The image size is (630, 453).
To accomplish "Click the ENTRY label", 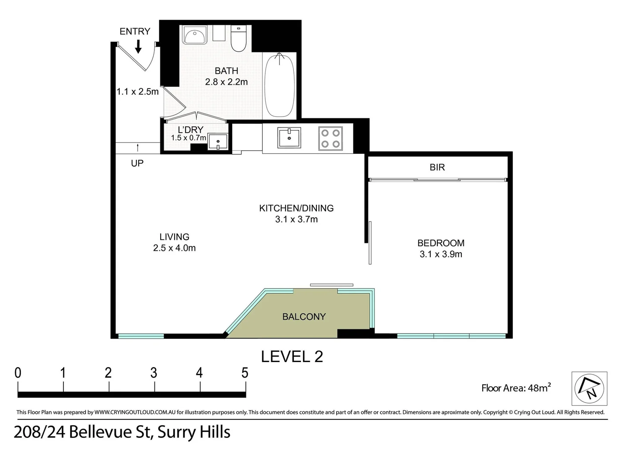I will click(x=135, y=31).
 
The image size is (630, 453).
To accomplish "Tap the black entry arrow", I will click(x=138, y=47).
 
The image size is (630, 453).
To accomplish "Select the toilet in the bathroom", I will click(x=238, y=39).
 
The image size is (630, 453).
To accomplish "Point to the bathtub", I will click(x=279, y=86).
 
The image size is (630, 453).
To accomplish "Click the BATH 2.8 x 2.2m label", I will click(x=226, y=76).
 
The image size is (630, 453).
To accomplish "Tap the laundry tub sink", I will click(x=218, y=142).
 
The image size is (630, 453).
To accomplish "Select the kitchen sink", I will click(x=289, y=138).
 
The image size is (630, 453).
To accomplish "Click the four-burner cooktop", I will click(x=330, y=138).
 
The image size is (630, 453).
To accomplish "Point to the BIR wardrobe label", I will click(x=437, y=167).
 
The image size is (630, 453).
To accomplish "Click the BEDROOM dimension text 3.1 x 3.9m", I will click(x=441, y=254).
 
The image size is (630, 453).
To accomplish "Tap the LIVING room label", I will click(x=174, y=237).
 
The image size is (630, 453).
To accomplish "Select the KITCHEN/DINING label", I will click(x=296, y=208).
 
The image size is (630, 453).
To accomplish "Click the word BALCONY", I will click(x=304, y=317).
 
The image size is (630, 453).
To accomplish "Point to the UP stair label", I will click(x=137, y=163).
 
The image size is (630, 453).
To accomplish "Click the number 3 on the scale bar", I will click(x=154, y=373).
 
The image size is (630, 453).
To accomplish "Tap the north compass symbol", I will click(x=589, y=388).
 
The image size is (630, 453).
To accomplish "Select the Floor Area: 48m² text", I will click(x=516, y=388).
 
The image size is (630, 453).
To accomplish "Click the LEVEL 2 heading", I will click(x=292, y=357).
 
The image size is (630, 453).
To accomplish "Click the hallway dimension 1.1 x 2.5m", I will click(x=137, y=91).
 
